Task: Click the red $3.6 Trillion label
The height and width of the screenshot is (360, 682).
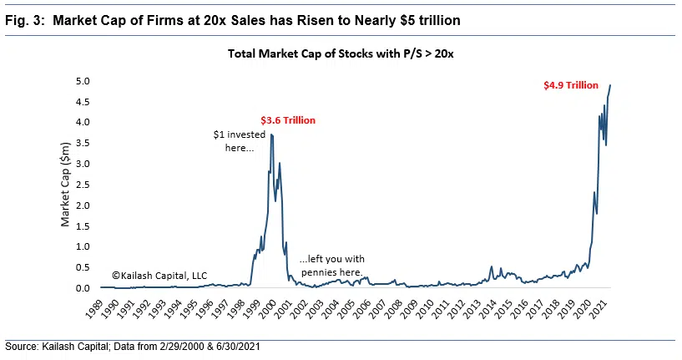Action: (288, 120)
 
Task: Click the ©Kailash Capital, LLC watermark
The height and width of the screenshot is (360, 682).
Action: (159, 276)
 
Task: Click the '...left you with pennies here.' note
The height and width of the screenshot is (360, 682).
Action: (331, 265)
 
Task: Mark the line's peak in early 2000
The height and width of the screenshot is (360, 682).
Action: (271, 134)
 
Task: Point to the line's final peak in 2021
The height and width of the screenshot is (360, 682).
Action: (610, 85)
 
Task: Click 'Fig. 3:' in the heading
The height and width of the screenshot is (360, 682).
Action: (26, 20)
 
